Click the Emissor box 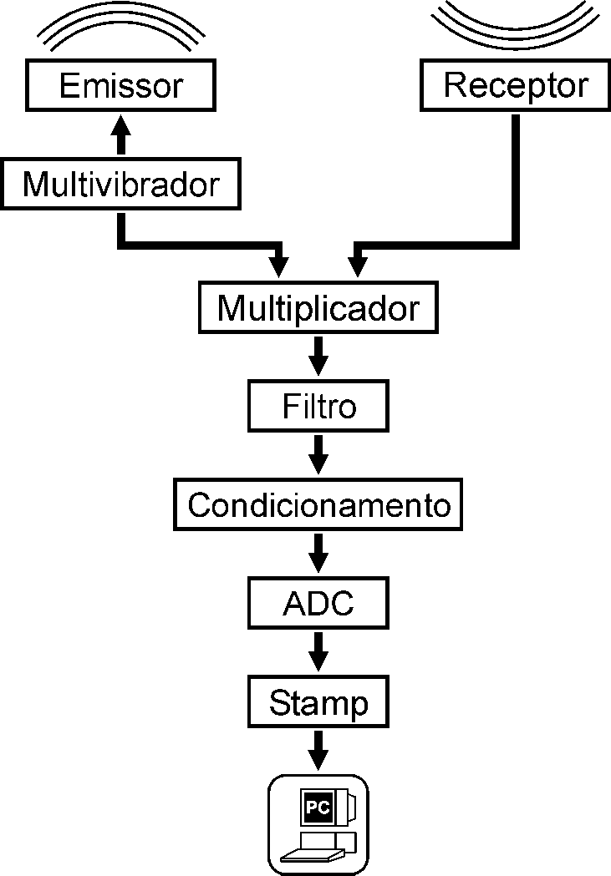coord(120,86)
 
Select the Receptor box coord(515,85)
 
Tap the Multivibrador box coord(120,184)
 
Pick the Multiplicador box coord(318,308)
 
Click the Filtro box coord(318,407)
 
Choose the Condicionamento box coord(318,504)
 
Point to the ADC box coord(318,603)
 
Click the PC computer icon coord(318,824)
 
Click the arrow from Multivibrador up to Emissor coord(121,134)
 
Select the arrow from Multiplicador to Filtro coord(318,357)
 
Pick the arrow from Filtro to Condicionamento coord(318,455)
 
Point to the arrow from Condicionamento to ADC coord(318,554)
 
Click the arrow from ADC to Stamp coord(318,652)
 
